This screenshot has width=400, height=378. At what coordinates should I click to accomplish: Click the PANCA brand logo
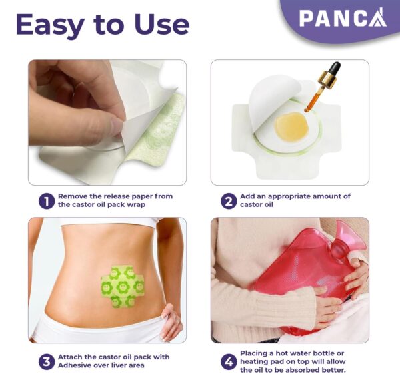342,17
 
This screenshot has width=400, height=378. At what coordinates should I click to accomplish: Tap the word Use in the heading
157,25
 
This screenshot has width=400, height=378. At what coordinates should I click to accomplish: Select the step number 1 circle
45,200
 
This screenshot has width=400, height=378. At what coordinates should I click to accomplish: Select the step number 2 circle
229,200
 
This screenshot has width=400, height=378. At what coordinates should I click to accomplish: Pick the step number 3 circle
45,362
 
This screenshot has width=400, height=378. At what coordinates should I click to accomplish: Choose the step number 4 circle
229,362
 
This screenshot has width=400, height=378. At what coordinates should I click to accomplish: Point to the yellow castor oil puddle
292,124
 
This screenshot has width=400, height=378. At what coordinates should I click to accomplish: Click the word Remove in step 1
74,196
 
